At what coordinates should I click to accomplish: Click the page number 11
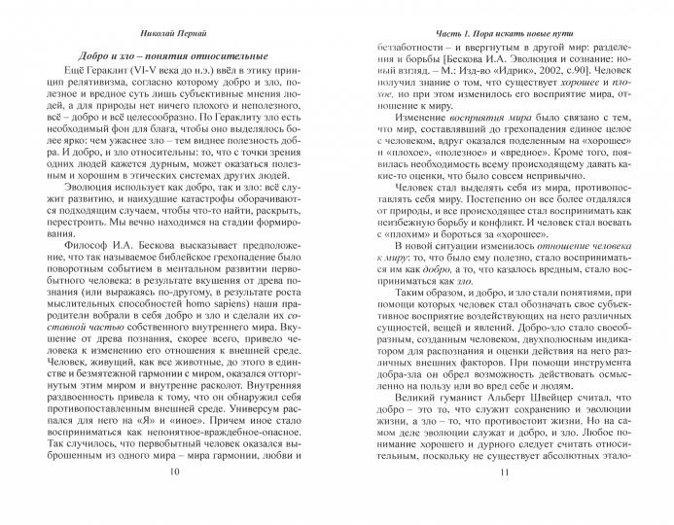coord(503,500)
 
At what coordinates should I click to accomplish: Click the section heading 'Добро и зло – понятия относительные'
coord(175,49)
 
